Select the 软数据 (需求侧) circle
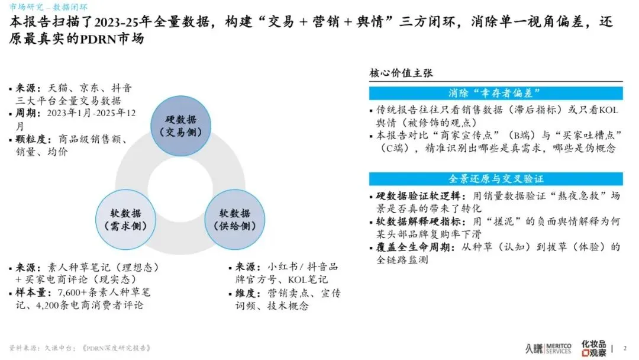point(124,219)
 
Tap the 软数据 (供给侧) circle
point(234,219)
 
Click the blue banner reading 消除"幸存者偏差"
point(496,93)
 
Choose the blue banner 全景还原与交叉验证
point(496,179)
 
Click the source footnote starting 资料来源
point(80,348)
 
